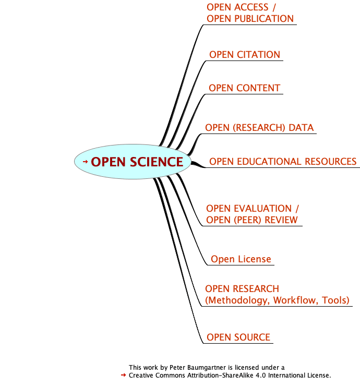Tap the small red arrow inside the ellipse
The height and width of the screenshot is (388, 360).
pos(86,162)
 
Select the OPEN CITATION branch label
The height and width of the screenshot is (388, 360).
pos(244,55)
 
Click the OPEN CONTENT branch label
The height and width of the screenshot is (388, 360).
pos(244,88)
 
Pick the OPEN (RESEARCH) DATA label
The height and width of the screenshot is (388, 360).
pos(259,128)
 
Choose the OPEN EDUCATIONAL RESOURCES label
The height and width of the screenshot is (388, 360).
pos(282,162)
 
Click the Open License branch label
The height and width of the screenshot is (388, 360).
pos(241,259)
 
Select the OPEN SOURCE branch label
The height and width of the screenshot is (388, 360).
pos(238,337)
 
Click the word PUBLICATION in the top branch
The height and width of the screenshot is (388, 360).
pos(265,19)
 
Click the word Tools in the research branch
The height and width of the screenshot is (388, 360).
pos(335,300)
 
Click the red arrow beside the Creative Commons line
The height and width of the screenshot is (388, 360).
pos(123,375)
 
